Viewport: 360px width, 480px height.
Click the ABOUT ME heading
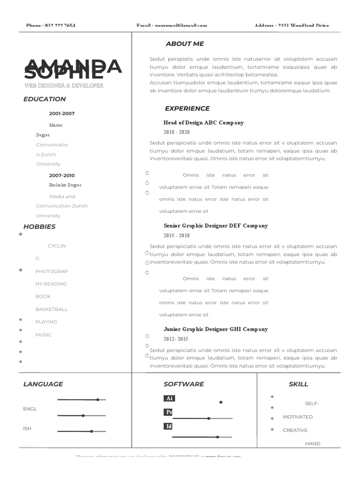185,44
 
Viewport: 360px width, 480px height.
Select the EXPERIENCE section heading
187,108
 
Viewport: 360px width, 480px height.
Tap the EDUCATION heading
45,99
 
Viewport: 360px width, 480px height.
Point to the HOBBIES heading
39,226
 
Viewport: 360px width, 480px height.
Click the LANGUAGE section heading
43,384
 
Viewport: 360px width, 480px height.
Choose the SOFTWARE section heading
184,384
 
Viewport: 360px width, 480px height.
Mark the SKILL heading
298,384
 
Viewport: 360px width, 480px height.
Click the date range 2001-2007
62,113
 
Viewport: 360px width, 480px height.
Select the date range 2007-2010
62,175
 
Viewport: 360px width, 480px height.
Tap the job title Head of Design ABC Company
203,123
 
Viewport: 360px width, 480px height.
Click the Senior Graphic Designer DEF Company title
216,226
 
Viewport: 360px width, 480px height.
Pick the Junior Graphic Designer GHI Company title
216,330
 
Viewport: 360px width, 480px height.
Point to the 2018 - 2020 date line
177,132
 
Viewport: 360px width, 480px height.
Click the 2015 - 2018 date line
177,236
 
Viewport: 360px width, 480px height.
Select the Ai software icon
169,398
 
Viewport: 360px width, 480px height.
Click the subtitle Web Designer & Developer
64,86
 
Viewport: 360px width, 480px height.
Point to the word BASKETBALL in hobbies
52,309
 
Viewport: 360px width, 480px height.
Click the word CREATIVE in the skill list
295,430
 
